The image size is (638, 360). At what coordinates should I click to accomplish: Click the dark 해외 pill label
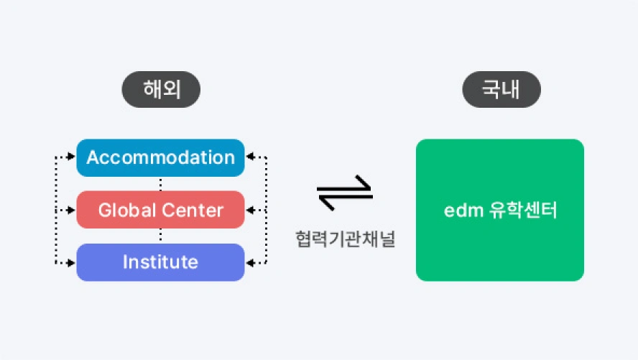[x=160, y=91]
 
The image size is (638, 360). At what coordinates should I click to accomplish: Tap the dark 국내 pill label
[x=501, y=91]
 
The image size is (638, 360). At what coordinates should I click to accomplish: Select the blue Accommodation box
[x=160, y=157]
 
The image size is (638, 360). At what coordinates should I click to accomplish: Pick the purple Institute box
[x=160, y=262]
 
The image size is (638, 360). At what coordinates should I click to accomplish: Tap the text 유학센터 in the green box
[x=522, y=211]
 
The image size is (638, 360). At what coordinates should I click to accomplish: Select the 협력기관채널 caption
[x=344, y=239]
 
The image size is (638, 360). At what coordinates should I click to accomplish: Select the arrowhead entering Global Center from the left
[x=72, y=210]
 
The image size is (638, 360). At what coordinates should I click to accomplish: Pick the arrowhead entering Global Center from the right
[x=249, y=210]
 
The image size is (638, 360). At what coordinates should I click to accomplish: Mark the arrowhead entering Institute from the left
[x=72, y=263]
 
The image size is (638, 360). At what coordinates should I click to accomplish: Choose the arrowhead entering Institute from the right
[x=249, y=263]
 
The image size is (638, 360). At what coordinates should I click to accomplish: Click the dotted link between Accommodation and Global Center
[x=160, y=183]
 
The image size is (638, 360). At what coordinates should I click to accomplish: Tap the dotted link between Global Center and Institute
[x=160, y=236]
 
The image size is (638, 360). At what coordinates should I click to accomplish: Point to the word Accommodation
[x=160, y=157]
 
